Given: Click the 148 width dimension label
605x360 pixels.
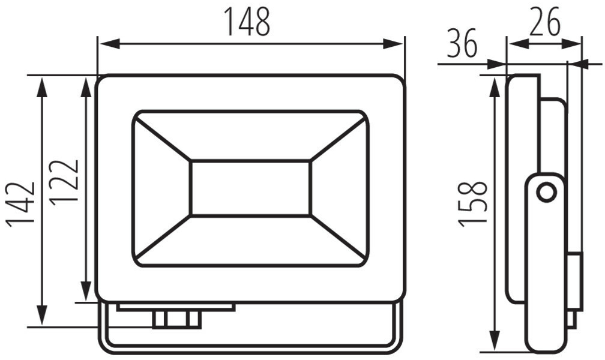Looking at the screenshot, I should coord(247,23).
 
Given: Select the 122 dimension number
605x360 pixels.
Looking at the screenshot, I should coord(64,182).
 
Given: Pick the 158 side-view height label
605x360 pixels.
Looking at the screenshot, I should coord(472,204).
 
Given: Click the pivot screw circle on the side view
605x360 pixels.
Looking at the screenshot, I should coord(546,193).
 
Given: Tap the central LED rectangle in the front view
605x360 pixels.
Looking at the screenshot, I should coord(250,188).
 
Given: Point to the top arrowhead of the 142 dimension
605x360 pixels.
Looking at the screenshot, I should coord(41,86).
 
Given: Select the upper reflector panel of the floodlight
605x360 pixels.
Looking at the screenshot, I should coord(250,136).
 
